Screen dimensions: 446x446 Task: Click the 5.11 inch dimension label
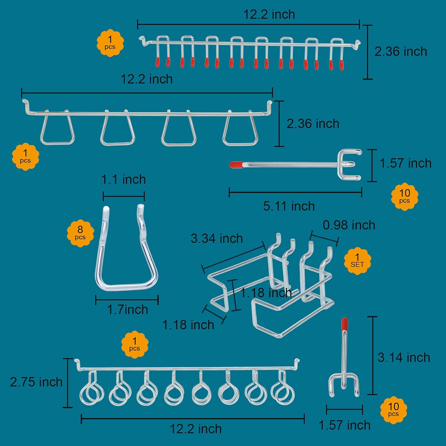(x=289, y=206)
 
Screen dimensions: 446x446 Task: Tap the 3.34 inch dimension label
(x=217, y=238)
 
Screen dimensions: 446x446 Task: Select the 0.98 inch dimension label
(x=349, y=225)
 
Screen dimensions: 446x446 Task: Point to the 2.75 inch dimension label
(x=36, y=382)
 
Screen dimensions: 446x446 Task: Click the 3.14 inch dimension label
(x=404, y=357)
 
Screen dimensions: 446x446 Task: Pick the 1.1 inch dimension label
(x=124, y=180)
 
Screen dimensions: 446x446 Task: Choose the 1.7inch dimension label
(x=128, y=310)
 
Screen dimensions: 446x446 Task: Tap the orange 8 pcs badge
(x=80, y=233)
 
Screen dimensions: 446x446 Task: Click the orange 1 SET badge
(x=357, y=260)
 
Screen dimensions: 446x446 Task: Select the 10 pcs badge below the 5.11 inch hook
(x=404, y=197)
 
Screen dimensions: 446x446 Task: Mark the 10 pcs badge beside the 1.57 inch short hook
(x=393, y=410)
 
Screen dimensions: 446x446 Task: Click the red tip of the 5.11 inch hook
(x=237, y=164)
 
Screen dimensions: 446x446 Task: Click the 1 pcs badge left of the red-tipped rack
(x=110, y=43)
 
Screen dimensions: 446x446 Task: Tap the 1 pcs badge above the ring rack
(x=134, y=344)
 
